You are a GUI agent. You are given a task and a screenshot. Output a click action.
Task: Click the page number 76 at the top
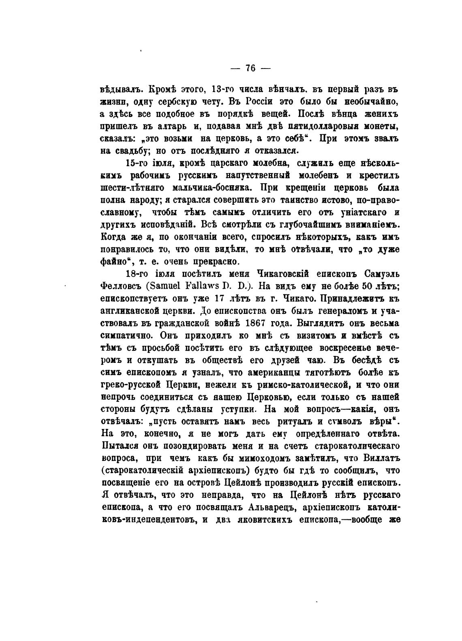click(x=250, y=68)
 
